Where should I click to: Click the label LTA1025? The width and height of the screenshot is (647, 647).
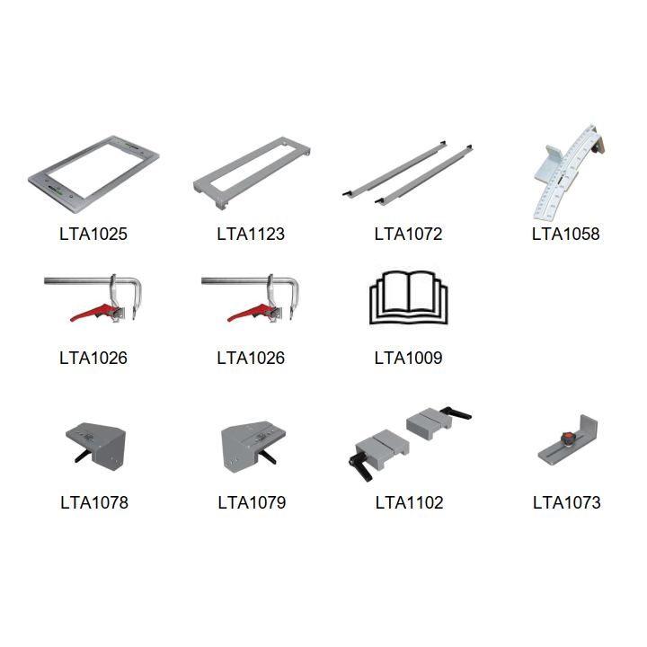point(93,234)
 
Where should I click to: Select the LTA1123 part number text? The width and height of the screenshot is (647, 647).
point(251,234)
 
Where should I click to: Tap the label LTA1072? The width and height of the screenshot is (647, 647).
point(409,234)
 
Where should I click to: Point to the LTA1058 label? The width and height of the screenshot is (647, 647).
point(566,234)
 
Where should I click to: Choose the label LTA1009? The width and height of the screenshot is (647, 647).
point(409,358)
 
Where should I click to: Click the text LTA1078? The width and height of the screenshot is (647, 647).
point(94,502)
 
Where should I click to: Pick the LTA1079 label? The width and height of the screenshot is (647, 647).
point(252,502)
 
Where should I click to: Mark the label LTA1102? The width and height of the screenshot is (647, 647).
point(410,502)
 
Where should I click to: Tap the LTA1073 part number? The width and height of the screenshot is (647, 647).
point(566,502)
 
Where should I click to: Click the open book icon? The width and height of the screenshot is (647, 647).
point(409,297)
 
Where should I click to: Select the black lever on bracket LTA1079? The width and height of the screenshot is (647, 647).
point(268,456)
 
